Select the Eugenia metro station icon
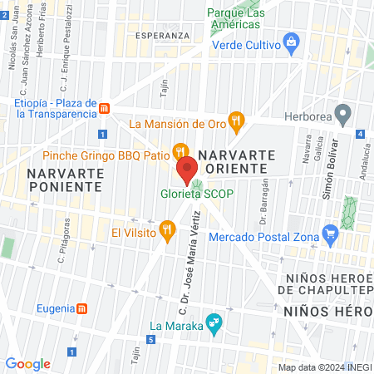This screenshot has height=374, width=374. [x=82, y=309]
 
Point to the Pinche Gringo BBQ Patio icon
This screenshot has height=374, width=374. [x=178, y=150]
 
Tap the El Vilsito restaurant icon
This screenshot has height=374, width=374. [x=168, y=230]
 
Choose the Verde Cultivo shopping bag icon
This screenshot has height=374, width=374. [x=291, y=42]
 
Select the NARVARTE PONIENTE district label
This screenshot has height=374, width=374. [x=65, y=179]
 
